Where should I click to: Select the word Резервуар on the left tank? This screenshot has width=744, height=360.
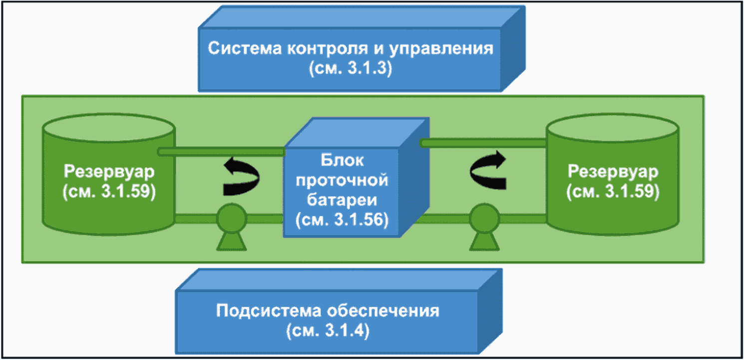tap(109, 172)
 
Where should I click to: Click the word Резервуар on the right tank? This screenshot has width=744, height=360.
tap(613, 172)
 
